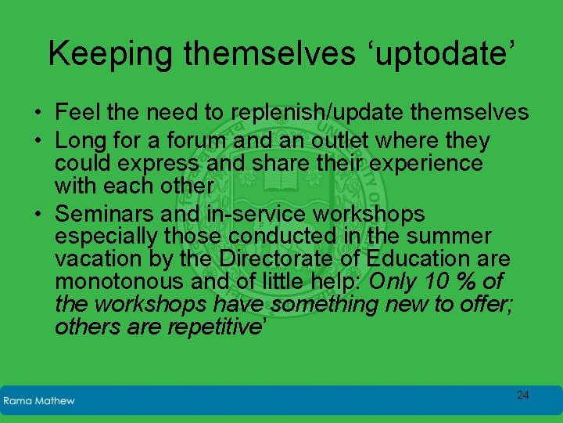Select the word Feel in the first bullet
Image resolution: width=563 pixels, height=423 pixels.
pyautogui.click(x=78, y=113)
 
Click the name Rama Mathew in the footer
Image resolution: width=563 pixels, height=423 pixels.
pyautogui.click(x=39, y=400)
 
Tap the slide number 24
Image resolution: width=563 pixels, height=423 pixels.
pyautogui.click(x=522, y=395)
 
